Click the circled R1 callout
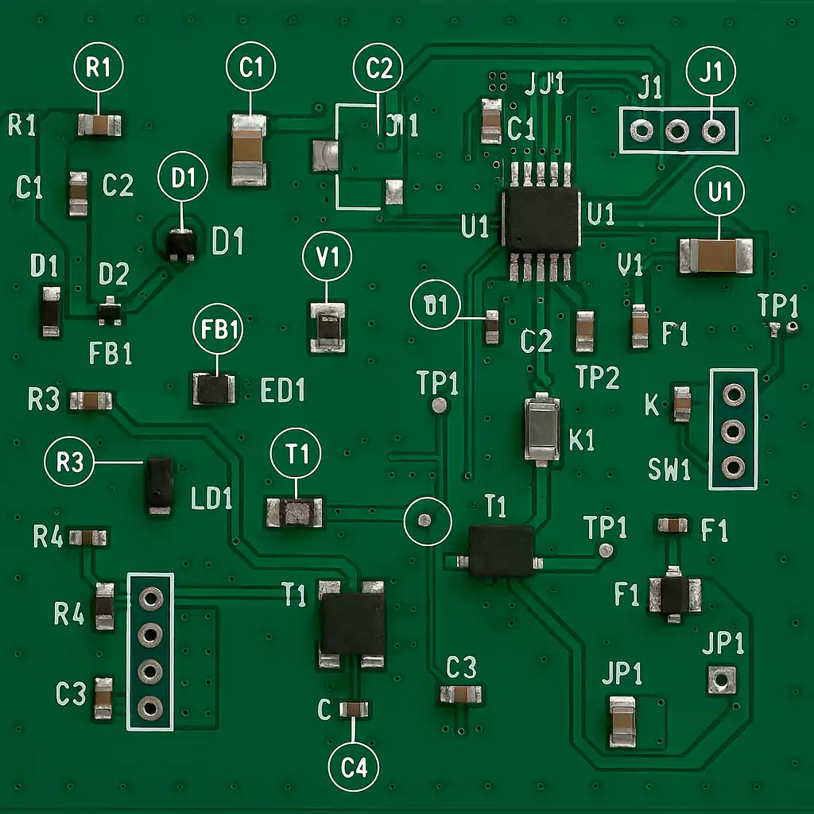(x=99, y=68)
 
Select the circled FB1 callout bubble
(x=219, y=331)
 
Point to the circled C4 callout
(x=354, y=768)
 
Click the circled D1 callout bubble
(x=183, y=179)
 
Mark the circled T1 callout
(x=297, y=455)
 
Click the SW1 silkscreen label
(x=669, y=470)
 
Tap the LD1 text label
(x=212, y=499)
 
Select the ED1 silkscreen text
(x=283, y=390)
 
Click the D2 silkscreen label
(x=114, y=275)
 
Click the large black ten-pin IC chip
(x=541, y=219)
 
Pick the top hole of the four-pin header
(x=150, y=597)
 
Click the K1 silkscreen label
(x=582, y=440)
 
